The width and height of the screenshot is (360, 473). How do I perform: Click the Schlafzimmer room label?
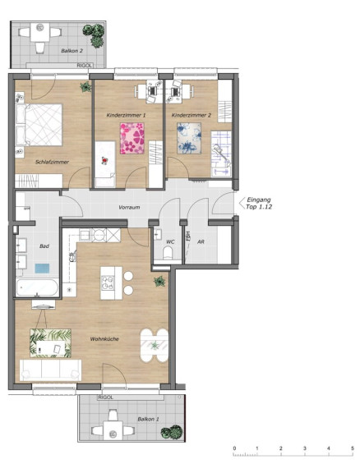coord(52,162)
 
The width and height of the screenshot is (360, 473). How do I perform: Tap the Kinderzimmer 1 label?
coord(126,115)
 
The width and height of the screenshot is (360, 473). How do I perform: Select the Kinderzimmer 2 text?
coord(192,115)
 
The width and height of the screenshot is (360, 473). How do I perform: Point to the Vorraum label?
coord(129,208)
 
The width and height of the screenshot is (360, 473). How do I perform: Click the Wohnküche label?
coord(104,339)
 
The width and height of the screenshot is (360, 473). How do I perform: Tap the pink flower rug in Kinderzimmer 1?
coord(132,138)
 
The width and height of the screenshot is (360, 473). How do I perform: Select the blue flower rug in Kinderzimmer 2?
coord(189,138)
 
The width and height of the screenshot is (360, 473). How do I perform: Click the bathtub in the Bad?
coord(37,287)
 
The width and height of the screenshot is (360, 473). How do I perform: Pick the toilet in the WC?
coord(168,253)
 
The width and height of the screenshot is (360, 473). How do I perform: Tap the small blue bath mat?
coord(42,269)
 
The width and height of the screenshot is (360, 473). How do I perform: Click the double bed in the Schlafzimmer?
coord(39,125)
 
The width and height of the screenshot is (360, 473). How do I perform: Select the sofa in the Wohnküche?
coord(50,370)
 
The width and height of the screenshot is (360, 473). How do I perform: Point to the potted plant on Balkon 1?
coord(172,432)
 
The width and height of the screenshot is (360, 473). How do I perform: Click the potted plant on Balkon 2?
coord(95,34)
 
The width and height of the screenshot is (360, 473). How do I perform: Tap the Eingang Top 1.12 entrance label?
coord(259,203)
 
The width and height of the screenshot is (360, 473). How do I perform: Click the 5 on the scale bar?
coord(352,448)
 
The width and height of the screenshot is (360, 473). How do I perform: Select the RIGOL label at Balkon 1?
coord(105,397)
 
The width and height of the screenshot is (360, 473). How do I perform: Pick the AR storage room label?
coord(201,241)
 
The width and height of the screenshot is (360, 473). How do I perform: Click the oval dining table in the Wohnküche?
coord(155,346)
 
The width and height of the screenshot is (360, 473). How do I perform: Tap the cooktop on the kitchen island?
coord(108,283)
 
